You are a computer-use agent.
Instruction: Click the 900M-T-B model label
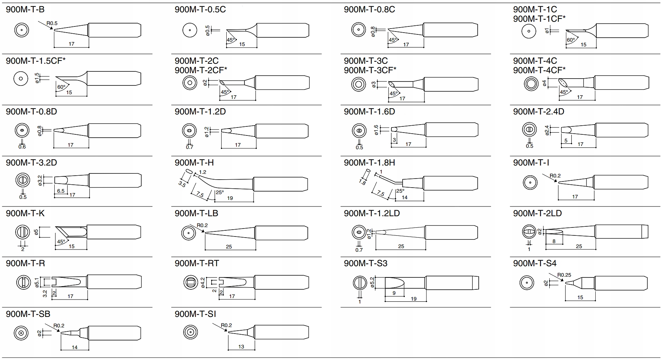click(x=25, y=9)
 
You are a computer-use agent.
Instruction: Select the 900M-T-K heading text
click(x=25, y=213)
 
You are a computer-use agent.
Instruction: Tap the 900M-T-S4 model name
click(x=534, y=263)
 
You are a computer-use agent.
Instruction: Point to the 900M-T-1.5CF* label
click(x=35, y=60)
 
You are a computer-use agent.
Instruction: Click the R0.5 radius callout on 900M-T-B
click(x=52, y=23)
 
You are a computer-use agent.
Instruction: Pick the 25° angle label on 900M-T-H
click(x=219, y=192)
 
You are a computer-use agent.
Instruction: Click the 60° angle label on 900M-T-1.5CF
click(x=61, y=87)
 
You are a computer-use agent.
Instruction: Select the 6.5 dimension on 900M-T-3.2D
click(x=60, y=191)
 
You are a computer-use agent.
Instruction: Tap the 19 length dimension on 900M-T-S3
click(x=414, y=299)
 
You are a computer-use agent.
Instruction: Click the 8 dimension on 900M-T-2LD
click(x=554, y=241)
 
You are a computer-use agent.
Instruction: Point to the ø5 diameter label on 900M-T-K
click(x=36, y=232)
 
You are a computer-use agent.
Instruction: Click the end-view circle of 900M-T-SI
click(x=190, y=332)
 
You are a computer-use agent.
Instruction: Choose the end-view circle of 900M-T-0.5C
click(x=190, y=30)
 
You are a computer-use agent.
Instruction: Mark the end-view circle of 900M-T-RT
click(x=190, y=282)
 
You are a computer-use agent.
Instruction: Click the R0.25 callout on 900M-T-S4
click(x=564, y=275)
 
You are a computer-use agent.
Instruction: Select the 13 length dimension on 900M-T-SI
click(x=241, y=347)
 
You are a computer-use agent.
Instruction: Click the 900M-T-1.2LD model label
click(x=372, y=213)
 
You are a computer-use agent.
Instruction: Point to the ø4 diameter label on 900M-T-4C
click(x=544, y=84)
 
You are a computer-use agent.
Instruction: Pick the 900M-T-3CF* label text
click(x=370, y=70)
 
